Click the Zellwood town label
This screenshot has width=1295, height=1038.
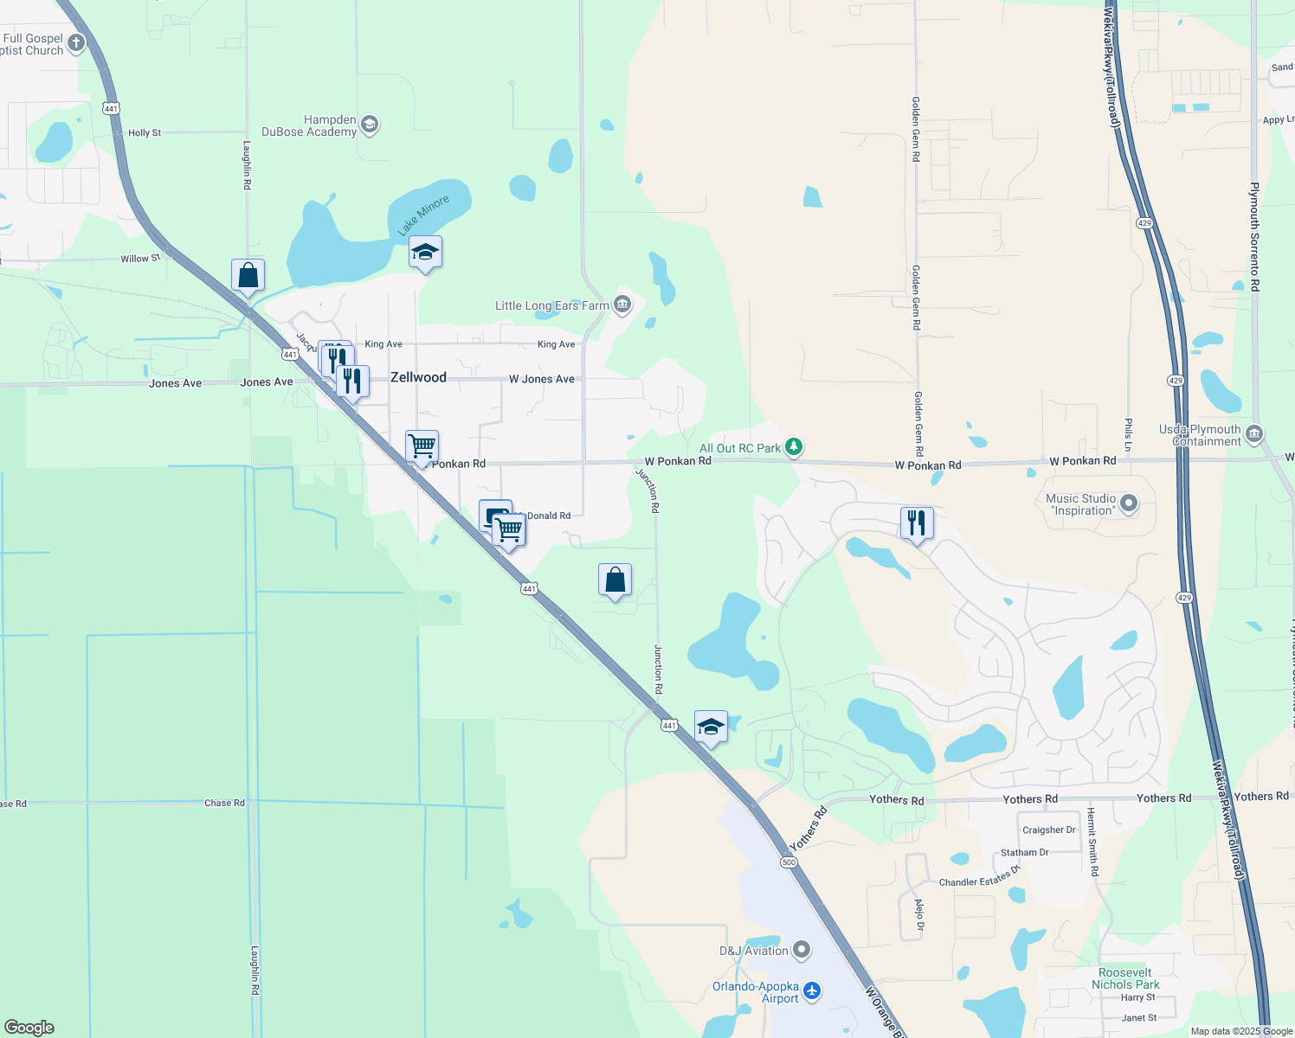pos(418,377)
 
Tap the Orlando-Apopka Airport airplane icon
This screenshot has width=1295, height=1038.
pos(812,990)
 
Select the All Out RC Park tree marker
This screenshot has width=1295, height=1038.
pos(794,447)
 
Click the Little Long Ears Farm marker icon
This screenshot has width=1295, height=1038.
pos(622,304)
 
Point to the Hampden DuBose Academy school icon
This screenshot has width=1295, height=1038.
pos(370,125)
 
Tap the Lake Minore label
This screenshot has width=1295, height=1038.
pos(423,215)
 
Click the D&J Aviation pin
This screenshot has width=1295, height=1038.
pos(802,951)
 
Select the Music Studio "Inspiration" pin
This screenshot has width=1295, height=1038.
pos(1128,503)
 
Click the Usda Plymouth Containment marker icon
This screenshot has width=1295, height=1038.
pos(1254,433)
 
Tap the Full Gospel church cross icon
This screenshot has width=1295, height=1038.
pos(76,43)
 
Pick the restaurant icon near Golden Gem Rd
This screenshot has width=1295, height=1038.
pos(917,523)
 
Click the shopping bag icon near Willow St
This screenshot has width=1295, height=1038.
pos(248,276)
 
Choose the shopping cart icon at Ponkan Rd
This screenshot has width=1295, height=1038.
pos(422,446)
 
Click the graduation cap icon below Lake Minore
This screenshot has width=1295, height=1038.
pos(425,253)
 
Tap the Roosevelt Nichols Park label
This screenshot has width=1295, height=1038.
pos(1125,978)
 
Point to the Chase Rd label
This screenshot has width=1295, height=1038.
pos(224,803)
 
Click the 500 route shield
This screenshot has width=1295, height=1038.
pos(788,862)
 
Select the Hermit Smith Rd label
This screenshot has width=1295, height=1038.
pos(1092,842)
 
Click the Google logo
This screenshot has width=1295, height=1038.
pos(29,1027)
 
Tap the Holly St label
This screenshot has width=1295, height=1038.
pos(145,133)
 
